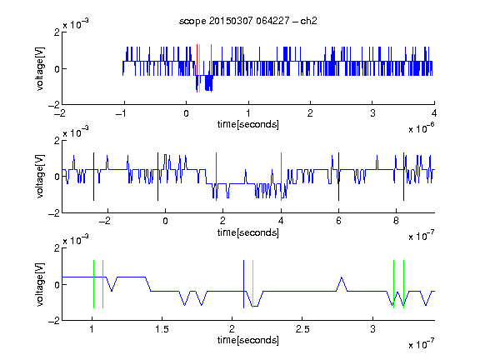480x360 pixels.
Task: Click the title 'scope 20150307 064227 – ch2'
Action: pos(248,21)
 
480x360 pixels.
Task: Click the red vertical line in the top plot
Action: pos(197,68)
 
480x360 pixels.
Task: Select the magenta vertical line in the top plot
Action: pos(211,68)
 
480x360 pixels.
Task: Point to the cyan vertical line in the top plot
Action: pos(200,68)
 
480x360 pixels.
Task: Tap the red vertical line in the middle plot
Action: pos(216,177)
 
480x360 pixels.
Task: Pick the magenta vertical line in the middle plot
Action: pos(281,177)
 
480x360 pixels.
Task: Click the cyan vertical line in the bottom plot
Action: pos(252,284)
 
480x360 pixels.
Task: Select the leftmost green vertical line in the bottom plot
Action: pos(93,284)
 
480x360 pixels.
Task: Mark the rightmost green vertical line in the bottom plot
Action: pos(404,284)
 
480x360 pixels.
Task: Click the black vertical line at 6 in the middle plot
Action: pos(338,177)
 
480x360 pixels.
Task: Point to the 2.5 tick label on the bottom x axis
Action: pos(302,329)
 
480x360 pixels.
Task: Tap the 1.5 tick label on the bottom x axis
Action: pos(162,329)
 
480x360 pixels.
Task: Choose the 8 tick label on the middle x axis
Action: pos(396,221)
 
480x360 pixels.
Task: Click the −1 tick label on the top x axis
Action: pos(122,113)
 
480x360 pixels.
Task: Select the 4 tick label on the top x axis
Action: pos(434,113)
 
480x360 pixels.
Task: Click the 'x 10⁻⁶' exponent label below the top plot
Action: pos(422,128)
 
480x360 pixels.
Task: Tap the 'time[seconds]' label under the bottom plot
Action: pos(248,340)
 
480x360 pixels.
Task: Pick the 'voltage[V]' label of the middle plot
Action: pos(40,177)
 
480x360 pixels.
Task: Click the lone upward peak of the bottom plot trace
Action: pos(342,277)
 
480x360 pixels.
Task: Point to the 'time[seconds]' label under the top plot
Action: pos(248,124)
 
